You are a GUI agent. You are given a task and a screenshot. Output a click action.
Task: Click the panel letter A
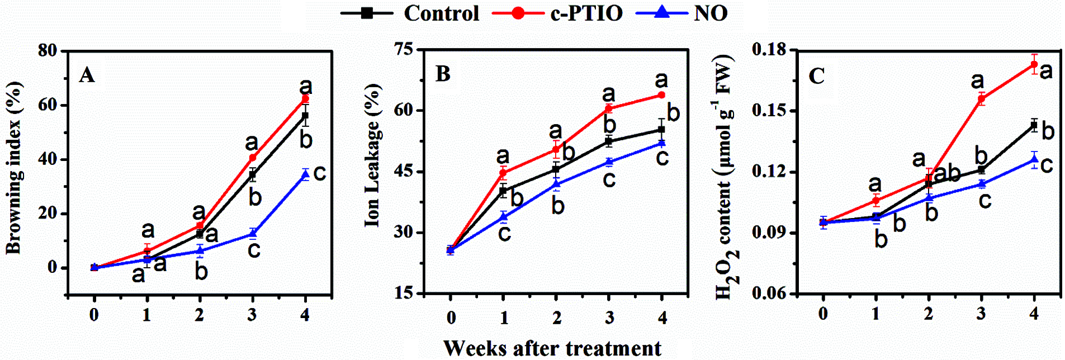coord(87,74)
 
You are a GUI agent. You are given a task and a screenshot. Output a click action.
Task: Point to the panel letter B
coord(443,74)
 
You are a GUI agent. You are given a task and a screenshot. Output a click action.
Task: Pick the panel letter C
coord(817,76)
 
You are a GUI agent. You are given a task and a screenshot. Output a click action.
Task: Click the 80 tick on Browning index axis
coord(48,50)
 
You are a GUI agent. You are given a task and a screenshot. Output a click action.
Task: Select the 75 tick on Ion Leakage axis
coord(404,49)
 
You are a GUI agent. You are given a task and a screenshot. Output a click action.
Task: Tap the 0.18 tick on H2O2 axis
coord(769,50)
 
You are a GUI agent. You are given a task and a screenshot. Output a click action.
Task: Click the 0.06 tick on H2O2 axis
coord(769,293)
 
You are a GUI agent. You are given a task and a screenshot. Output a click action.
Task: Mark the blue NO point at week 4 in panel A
coord(305,175)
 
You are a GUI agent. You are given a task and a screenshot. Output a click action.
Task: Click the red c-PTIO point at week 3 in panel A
coord(253,158)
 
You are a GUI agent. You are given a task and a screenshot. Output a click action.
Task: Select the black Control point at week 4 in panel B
coord(661,130)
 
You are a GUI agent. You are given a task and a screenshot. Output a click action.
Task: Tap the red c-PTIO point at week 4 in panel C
coord(1034,64)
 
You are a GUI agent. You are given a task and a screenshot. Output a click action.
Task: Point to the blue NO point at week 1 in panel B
coord(504,217)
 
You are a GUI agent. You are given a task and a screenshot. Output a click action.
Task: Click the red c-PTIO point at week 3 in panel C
coord(981,99)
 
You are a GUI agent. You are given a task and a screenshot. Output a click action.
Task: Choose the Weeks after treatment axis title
coord(552,348)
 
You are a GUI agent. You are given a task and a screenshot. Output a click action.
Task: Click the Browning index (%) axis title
coord(13,168)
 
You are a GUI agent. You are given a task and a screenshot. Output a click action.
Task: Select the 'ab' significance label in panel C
coord(947,174)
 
